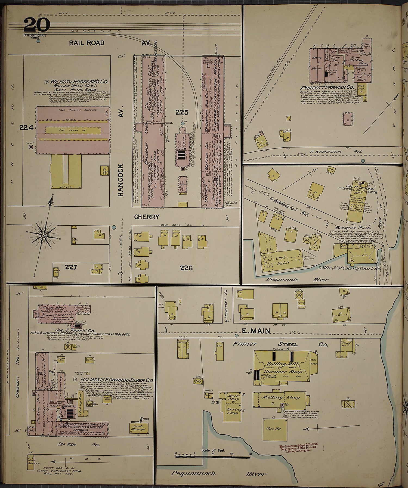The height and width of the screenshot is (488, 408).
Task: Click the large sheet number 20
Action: [37, 25]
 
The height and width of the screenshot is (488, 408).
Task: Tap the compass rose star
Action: [44, 235]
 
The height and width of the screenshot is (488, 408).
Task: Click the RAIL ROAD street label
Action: [86, 43]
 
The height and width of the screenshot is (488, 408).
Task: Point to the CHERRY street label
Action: [147, 217]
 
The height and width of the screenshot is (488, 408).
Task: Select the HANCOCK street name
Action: [121, 180]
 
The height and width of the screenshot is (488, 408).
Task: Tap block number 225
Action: [182, 112]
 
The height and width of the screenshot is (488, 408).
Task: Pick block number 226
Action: [186, 268]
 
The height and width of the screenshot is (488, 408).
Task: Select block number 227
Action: [71, 267]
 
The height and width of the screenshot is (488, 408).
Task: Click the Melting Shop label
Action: [280, 397]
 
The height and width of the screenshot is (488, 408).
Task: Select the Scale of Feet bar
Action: [213, 456]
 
